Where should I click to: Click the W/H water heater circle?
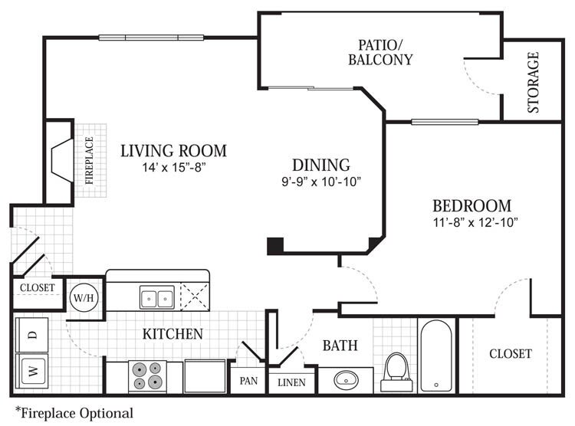(x=84, y=297)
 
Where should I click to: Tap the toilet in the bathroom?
(x=396, y=372)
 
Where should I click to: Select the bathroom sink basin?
(x=346, y=380)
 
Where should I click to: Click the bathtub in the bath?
(x=436, y=356)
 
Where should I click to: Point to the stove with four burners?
(x=147, y=376)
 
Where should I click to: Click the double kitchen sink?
(x=157, y=297)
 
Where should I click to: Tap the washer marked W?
(x=32, y=371)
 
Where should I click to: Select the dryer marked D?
(x=32, y=335)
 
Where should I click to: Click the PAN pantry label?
(x=248, y=381)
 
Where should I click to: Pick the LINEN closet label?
(x=291, y=383)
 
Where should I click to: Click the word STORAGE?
(x=533, y=83)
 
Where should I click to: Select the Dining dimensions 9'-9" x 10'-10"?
(x=321, y=182)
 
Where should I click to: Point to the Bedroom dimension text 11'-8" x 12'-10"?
(x=475, y=222)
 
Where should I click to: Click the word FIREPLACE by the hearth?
(x=89, y=161)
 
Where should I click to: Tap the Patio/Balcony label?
(x=380, y=52)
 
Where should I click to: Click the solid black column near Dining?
(x=275, y=246)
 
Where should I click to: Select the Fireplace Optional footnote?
(x=74, y=413)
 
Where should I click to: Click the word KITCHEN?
(x=172, y=334)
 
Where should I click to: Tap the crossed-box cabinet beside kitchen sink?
(x=195, y=297)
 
